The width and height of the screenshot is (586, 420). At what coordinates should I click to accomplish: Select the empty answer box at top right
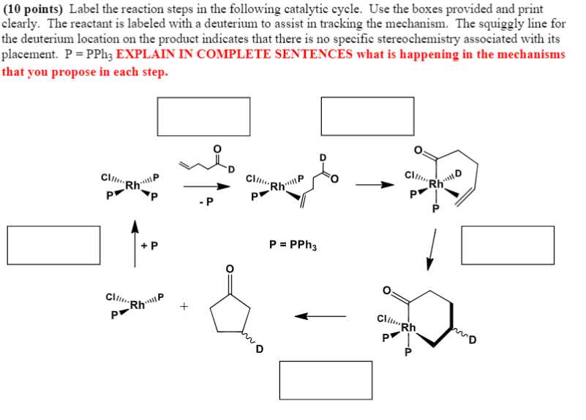coord(358,115)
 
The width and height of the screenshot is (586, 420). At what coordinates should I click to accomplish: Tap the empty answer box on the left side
coord(53,245)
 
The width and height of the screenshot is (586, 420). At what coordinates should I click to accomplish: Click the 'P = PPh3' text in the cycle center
coord(293,245)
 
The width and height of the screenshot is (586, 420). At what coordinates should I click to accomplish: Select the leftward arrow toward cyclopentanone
coord(320,316)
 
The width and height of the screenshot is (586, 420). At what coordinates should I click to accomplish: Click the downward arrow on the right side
coord(432,248)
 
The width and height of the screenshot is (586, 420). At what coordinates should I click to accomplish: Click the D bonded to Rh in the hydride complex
coord(458,173)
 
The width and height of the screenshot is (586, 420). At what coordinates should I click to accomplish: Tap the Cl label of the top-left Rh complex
coord(107,177)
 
